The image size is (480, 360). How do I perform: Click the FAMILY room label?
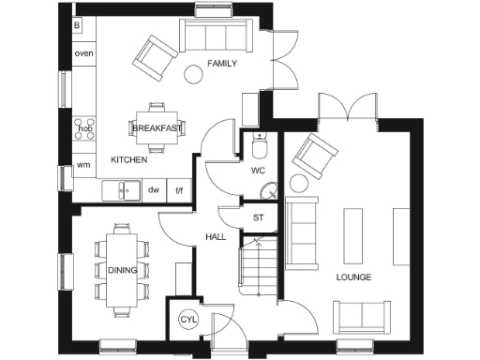pyautogui.click(x=221, y=64)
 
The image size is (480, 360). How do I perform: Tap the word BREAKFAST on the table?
pyautogui.click(x=157, y=127)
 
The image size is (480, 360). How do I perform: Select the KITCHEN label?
pyautogui.click(x=129, y=160)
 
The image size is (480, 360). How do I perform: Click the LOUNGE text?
pyautogui.click(x=353, y=277)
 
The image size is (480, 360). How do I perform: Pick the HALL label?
pyautogui.click(x=216, y=236)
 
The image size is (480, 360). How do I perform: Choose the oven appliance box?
pyautogui.click(x=83, y=53)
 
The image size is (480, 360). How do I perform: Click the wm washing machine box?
pyautogui.click(x=83, y=165)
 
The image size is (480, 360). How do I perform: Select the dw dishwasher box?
pyautogui.click(x=153, y=189)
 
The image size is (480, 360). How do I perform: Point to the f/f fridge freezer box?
pyautogui.click(x=179, y=189)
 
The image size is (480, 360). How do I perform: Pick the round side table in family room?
pyautogui.click(x=195, y=73)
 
